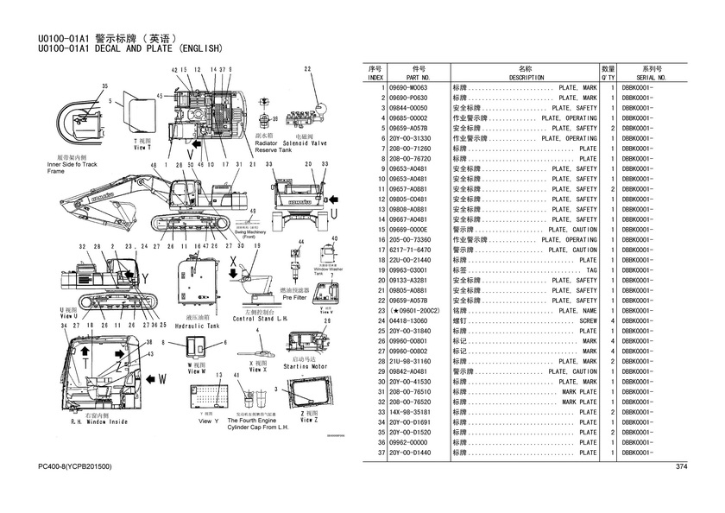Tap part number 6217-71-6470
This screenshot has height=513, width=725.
coord(410,250)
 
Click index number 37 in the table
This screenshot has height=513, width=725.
coord(379,452)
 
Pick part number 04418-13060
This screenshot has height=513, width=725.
coord(410,320)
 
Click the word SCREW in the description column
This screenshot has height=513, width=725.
coord(588,320)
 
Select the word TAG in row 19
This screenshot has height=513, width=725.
coord(591,270)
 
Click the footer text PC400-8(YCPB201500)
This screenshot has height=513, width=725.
coord(75,467)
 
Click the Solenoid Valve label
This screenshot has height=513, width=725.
coord(307,143)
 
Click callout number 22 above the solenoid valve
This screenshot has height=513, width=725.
coord(307,68)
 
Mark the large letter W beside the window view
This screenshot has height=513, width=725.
coord(161,377)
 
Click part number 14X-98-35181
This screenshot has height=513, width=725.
coord(410,411)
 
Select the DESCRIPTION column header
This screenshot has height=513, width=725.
coord(526,77)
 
